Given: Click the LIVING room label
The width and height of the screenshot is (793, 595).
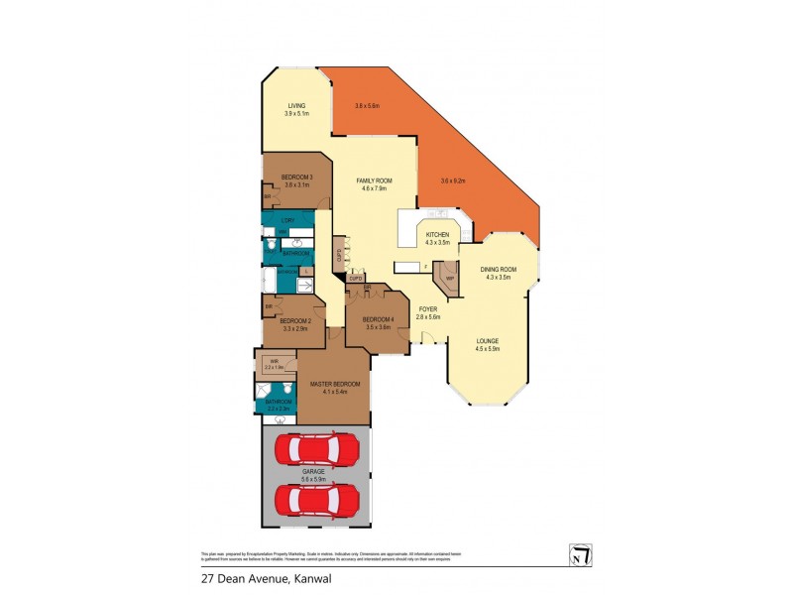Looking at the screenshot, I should [296, 106].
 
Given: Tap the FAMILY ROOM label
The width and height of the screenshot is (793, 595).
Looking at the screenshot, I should [375, 181].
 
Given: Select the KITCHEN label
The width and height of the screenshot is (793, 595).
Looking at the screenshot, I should [437, 236].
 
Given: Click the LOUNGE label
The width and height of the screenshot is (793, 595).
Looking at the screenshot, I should [487, 342].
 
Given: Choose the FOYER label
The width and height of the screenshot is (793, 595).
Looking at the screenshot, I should [427, 309].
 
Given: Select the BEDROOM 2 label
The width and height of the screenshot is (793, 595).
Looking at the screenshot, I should [295, 321].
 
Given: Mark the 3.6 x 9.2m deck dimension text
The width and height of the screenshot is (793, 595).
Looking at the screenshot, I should [453, 179].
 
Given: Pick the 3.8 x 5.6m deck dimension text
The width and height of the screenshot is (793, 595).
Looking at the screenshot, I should [368, 106].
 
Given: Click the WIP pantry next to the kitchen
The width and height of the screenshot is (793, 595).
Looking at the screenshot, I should [449, 278].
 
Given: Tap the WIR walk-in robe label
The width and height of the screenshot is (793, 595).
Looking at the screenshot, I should [274, 364].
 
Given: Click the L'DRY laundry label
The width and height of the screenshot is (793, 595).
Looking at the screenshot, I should [287, 219].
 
